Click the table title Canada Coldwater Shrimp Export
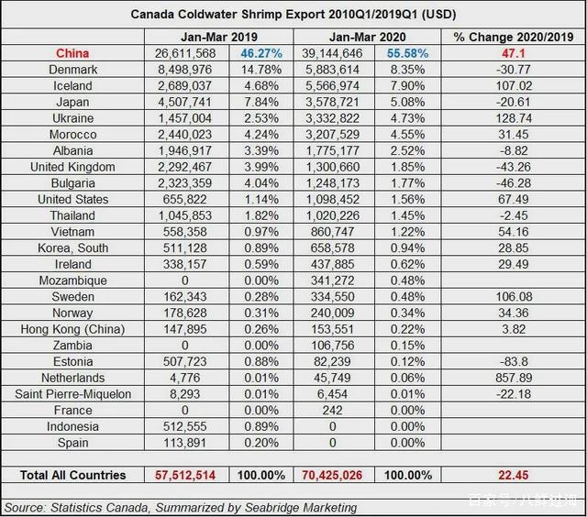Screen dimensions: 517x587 point(293,15)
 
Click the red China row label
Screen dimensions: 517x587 point(72,53)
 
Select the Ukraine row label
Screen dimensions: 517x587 point(72,118)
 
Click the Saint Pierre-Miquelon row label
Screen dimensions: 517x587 point(72,394)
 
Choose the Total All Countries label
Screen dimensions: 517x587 point(72,476)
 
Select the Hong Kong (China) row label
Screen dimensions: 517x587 point(72,329)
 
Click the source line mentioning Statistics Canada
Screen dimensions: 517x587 point(181,507)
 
